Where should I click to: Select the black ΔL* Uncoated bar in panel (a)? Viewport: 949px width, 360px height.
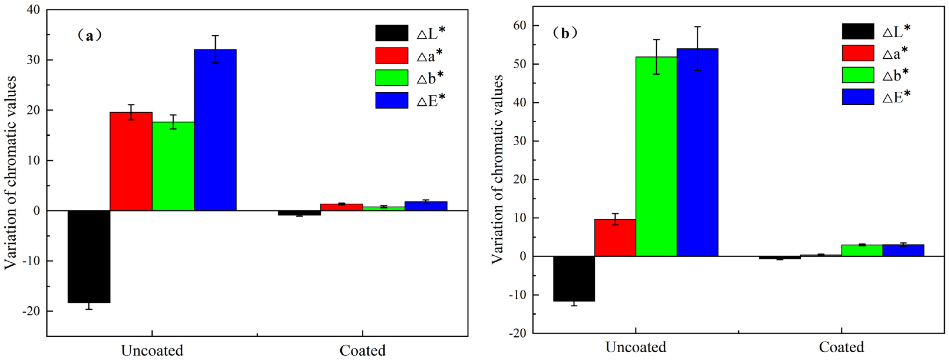[89, 257]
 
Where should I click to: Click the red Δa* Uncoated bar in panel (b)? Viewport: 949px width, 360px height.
[615, 238]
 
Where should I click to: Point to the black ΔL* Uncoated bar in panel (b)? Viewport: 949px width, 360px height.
[574, 279]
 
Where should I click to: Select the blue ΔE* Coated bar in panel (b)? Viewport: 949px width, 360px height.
[903, 250]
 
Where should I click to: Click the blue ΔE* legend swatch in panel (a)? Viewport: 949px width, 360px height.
[392, 100]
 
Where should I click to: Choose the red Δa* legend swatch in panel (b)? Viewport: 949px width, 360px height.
[858, 53]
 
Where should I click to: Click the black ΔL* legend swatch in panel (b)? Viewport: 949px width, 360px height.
[858, 31]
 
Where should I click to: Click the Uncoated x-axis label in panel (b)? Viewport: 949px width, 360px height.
[636, 347]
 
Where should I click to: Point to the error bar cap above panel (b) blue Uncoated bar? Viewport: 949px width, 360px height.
[697, 27]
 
